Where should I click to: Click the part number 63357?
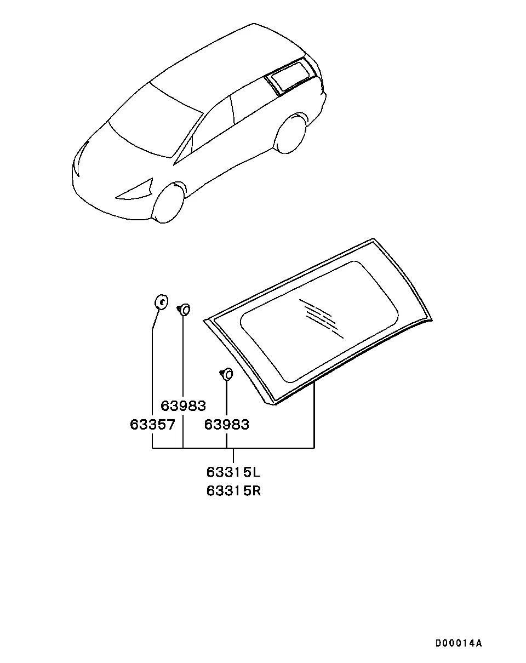(152, 425)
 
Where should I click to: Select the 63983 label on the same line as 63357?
(227, 425)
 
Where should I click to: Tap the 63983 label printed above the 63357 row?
(183, 406)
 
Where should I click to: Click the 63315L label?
(233, 472)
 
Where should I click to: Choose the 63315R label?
(233, 491)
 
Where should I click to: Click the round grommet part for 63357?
(162, 301)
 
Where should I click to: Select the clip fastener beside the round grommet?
(184, 310)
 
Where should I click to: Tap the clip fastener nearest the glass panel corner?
(226, 374)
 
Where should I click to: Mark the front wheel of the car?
(168, 203)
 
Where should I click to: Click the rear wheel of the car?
(290, 133)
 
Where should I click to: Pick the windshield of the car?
(156, 120)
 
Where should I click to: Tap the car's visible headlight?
(135, 190)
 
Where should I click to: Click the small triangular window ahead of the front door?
(184, 152)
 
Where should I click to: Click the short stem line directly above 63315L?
(233, 455)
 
